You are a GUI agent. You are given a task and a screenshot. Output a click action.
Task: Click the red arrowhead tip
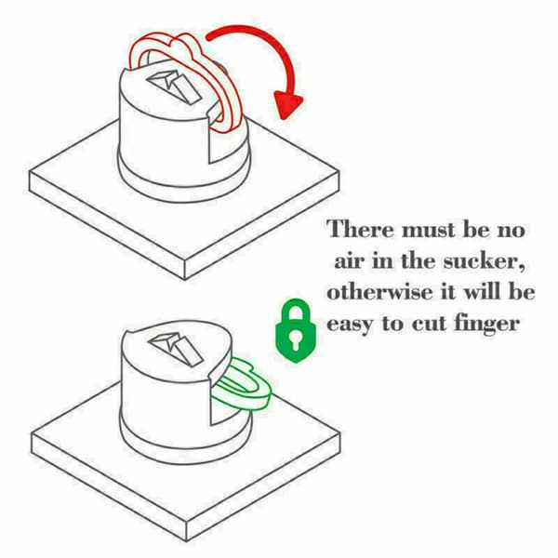coord(285,119)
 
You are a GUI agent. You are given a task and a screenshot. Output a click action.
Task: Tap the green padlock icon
coord(296,330)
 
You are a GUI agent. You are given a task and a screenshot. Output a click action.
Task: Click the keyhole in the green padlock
coord(296,339)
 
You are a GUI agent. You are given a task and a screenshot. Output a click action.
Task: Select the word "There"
coord(361,230)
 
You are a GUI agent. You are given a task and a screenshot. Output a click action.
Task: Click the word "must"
coord(429,231)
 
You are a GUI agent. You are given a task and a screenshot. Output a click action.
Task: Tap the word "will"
coord(483,293)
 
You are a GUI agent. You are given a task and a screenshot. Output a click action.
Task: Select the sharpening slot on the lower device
coord(176,348)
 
